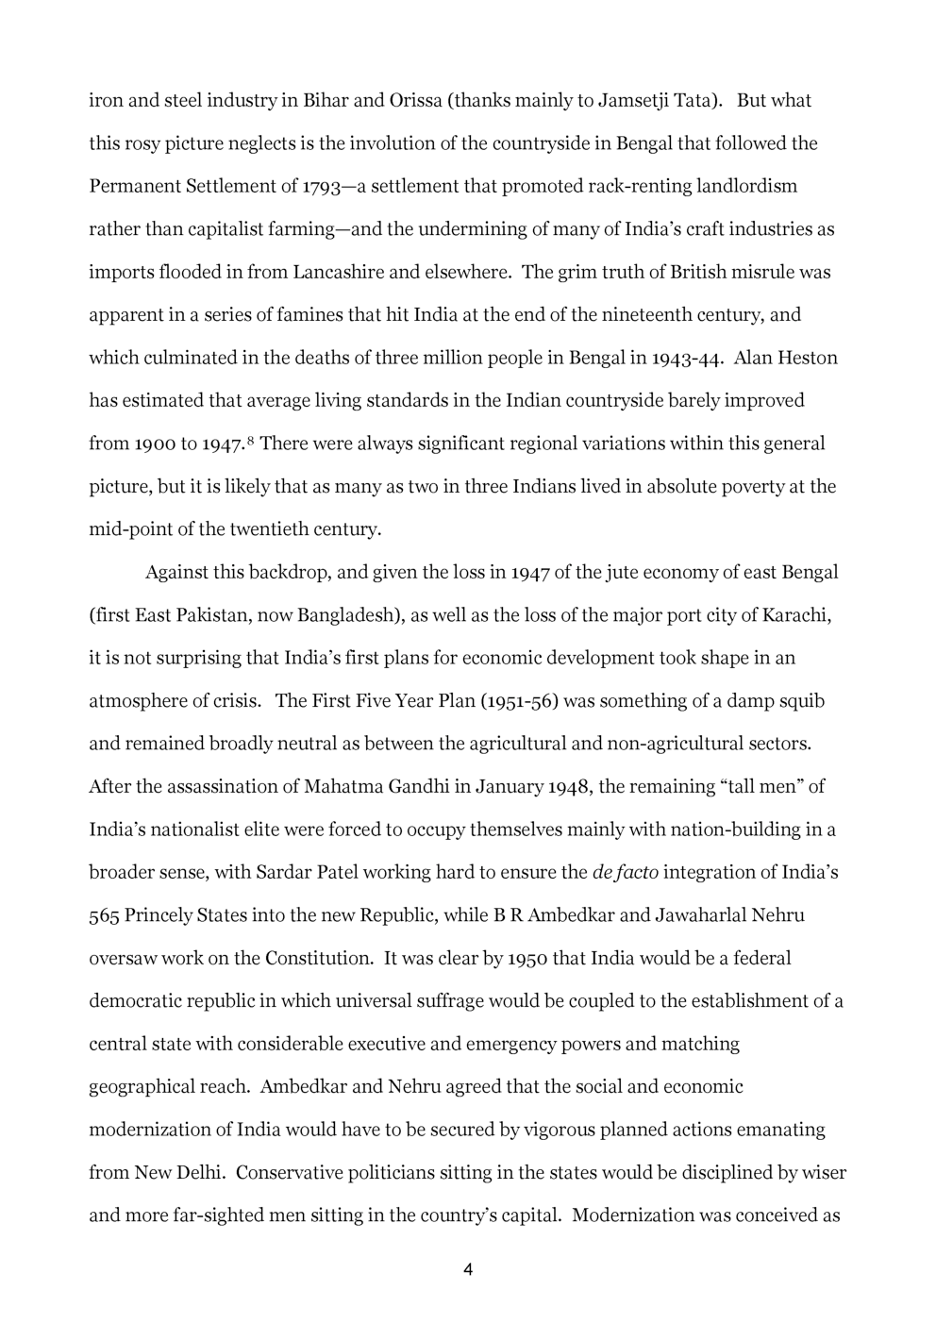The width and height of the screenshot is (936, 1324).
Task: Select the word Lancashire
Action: (x=338, y=272)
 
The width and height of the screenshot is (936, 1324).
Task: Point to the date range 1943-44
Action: (x=688, y=358)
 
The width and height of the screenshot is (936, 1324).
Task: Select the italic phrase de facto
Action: (x=625, y=872)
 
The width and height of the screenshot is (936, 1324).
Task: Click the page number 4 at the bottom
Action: (x=468, y=1270)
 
